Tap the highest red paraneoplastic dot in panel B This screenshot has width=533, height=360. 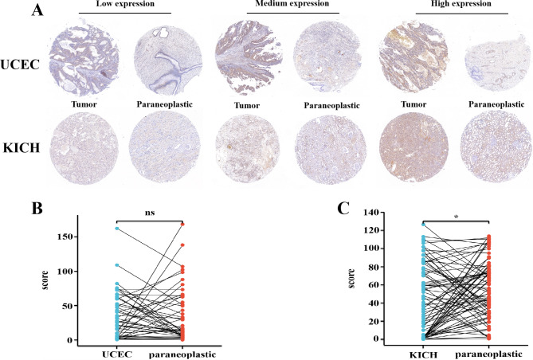182,225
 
